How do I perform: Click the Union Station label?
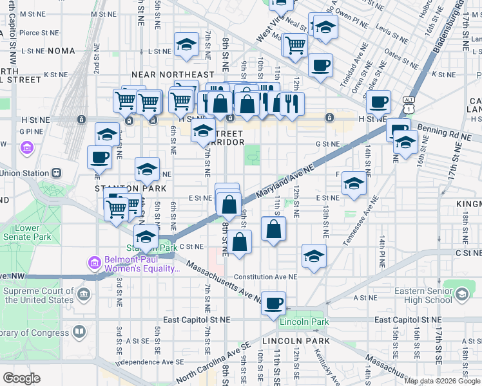pos(24,173)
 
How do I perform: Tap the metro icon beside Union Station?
pos(57,173)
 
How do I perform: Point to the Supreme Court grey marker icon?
pos(83,295)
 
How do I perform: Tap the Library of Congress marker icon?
pos(79,332)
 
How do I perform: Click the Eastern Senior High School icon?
pos(461,295)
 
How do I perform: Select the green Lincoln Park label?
pos(305,322)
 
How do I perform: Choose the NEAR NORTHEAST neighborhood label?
pos(164,75)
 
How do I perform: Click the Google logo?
pos(21,378)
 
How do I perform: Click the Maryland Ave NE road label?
pos(284,180)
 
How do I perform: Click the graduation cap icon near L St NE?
pos(186,44)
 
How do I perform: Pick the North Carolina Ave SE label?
pos(213,362)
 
